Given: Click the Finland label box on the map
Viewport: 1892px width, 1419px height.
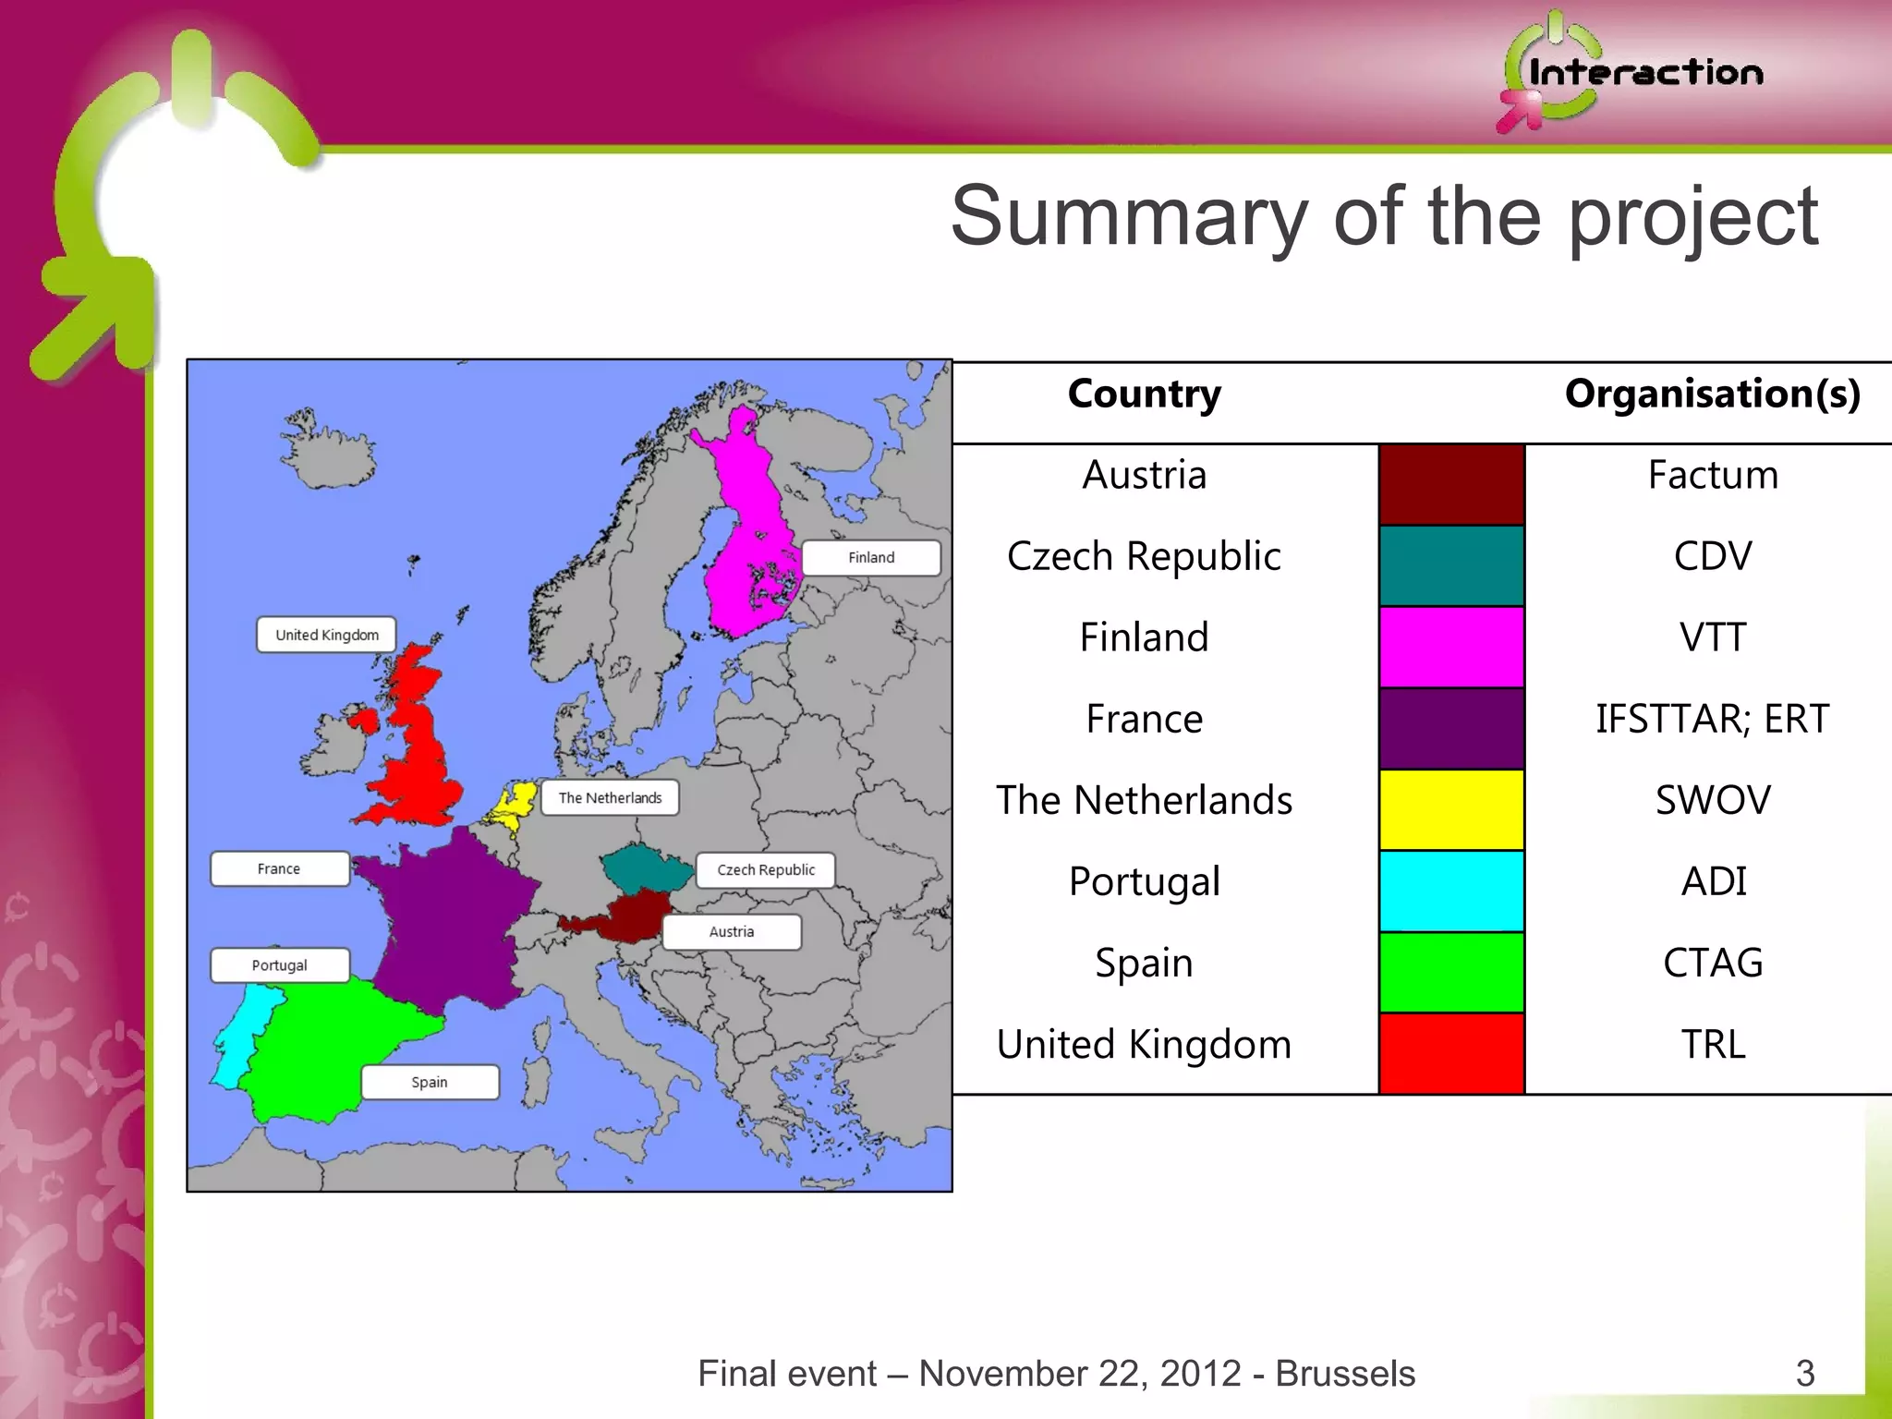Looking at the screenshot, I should click(x=871, y=558).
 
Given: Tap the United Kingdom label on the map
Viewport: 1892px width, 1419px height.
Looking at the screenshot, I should click(x=326, y=635).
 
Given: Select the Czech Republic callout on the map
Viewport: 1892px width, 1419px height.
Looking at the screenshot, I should click(x=765, y=870).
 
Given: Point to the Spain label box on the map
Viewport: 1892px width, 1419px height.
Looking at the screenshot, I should click(x=430, y=1082).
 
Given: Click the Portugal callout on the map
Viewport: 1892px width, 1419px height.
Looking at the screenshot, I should click(x=279, y=965).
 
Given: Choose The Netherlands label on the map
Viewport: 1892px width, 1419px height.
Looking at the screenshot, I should click(x=610, y=798).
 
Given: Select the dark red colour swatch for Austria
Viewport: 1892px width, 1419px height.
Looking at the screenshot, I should click(x=1450, y=484).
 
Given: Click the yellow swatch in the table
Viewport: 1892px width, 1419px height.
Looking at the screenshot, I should click(x=1450, y=809).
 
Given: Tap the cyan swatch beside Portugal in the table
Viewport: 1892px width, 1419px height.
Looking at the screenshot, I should click(x=1450, y=891).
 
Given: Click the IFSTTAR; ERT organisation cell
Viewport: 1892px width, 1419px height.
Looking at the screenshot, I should click(x=1712, y=719).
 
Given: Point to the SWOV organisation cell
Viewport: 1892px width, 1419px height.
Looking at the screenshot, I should click(x=1712, y=800).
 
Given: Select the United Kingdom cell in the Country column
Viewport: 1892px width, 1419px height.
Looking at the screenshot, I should click(x=1144, y=1045).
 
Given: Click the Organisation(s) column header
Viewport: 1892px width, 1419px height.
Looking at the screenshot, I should click(x=1712, y=394).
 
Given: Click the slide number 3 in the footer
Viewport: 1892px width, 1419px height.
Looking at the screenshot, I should click(x=1805, y=1373).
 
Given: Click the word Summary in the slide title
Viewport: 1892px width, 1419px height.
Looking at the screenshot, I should click(x=1129, y=217).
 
